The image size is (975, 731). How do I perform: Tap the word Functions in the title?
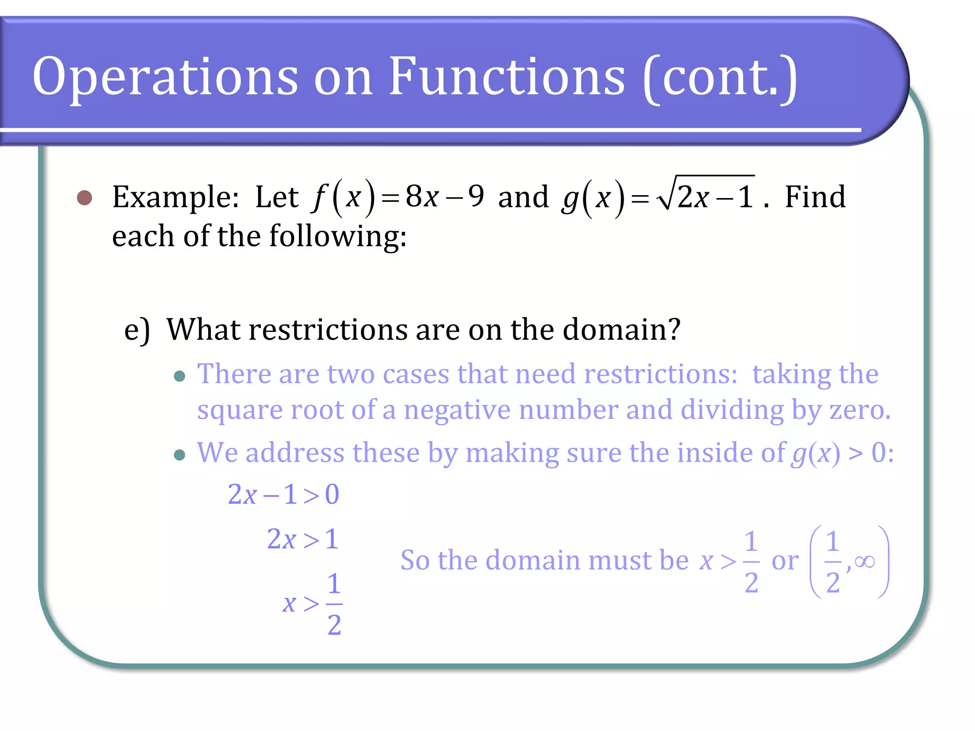507,76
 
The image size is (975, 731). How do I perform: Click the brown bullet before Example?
85,198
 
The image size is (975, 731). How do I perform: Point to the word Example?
175,197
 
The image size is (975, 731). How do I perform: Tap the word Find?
815,197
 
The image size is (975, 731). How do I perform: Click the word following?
338,237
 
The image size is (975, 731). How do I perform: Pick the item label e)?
137,330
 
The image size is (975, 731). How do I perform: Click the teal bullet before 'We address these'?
179,455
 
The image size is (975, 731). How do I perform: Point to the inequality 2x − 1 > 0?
283,494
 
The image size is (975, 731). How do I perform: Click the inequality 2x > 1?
303,539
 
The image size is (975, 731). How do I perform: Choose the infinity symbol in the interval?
865,562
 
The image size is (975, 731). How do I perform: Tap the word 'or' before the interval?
785,561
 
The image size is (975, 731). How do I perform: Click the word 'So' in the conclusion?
415,560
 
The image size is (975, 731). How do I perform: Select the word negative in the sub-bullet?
457,410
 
